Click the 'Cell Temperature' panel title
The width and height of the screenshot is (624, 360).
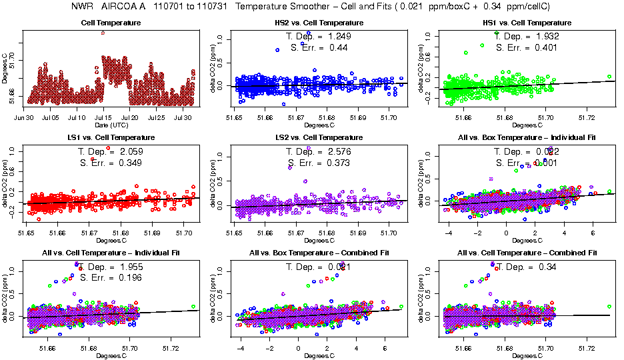click(110, 23)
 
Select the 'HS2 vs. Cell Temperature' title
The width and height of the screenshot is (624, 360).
click(319, 23)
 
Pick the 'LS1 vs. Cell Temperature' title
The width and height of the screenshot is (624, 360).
click(110, 137)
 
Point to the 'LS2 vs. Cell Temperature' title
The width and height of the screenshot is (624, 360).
click(319, 137)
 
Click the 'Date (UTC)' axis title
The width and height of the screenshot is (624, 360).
click(111, 125)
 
